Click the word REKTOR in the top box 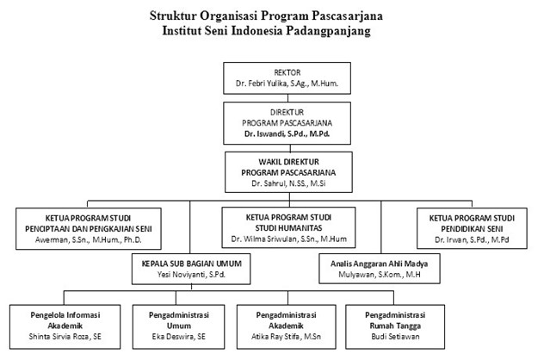pos(287,72)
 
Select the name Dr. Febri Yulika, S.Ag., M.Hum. pos(287,84)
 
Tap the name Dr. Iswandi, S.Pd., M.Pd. pos(287,133)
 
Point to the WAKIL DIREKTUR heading pos(288,162)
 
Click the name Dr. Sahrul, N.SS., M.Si pos(288,183)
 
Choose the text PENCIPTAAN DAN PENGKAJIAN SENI pos(89,229)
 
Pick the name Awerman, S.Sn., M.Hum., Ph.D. pos(89,240)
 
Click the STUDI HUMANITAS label pos(288,228)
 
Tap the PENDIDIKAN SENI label pos(472,229)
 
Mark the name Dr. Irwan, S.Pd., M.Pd pos(472,240)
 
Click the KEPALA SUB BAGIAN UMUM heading pos(192,264)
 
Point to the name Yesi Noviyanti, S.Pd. pos(191,275)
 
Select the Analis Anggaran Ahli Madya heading pos(380,264)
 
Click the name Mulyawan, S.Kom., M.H pos(380,275)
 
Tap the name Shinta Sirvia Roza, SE pos(65,337)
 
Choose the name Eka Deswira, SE pos(178,337)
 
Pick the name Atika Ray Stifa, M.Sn pos(286,337)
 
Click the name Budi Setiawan pos(395,337)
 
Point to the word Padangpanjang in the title pos(328,31)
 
